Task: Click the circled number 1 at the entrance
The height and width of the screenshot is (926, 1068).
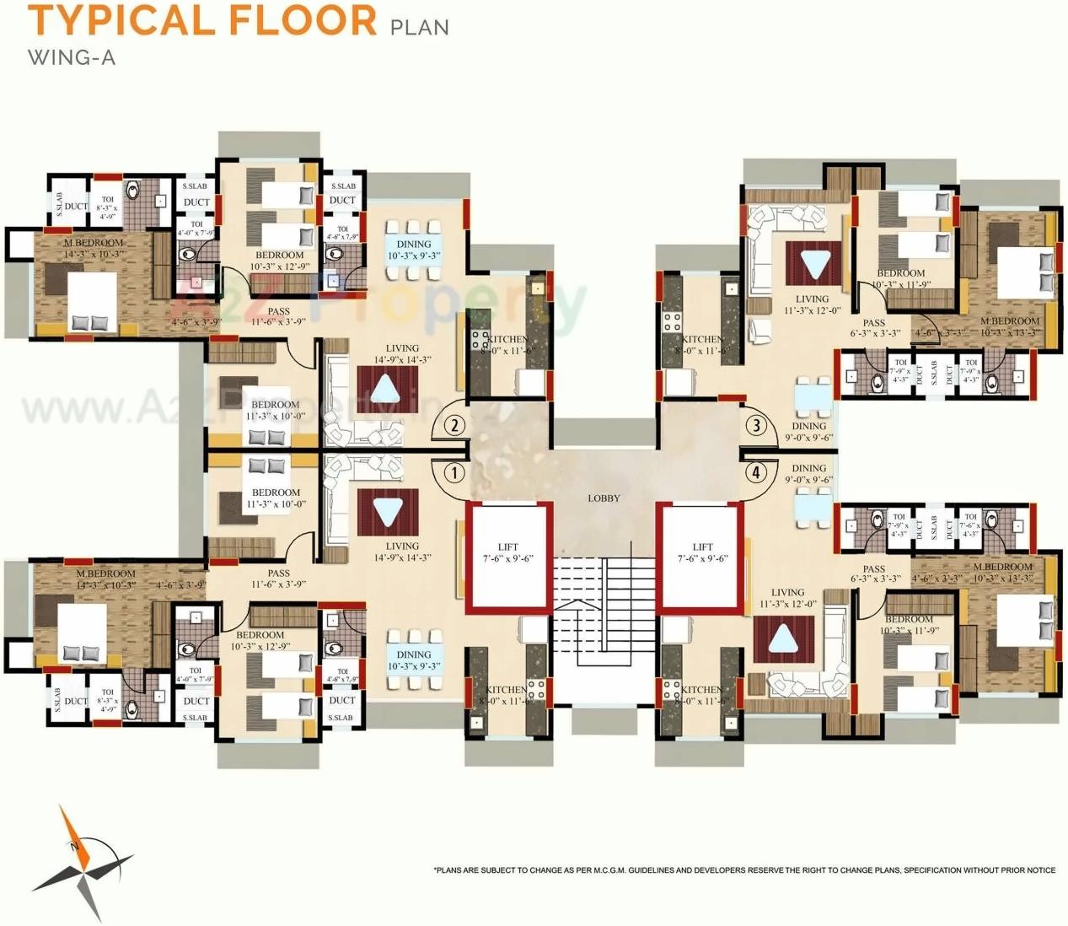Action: (x=454, y=472)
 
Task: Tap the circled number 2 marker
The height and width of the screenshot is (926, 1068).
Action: (x=454, y=425)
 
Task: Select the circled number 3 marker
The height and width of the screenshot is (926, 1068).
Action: (x=756, y=425)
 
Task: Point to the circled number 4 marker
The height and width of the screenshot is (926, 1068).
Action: (x=756, y=472)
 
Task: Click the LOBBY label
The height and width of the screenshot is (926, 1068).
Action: (x=604, y=498)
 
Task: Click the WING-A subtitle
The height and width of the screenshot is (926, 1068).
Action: (x=72, y=57)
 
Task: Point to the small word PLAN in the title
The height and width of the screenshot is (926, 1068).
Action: (x=420, y=27)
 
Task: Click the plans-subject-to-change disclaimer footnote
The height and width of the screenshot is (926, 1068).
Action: (x=744, y=870)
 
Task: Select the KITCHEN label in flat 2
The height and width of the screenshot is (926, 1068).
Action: (x=507, y=339)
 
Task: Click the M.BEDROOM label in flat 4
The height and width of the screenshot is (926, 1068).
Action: (x=1002, y=568)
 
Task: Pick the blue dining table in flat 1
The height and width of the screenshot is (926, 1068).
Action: (x=413, y=660)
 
